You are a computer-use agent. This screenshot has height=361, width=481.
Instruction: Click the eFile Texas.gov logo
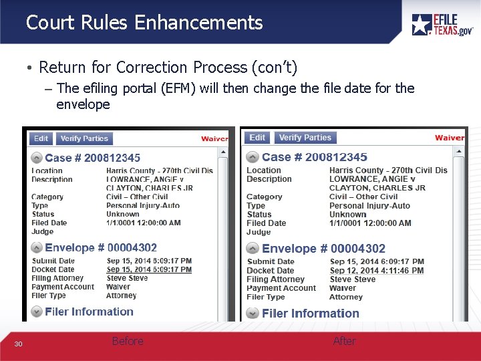click(x=442, y=24)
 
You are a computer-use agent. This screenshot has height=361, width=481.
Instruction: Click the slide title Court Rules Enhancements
click(x=144, y=23)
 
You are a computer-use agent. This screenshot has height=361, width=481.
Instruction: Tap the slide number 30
click(x=19, y=344)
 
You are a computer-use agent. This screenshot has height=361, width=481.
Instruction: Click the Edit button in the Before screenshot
click(x=41, y=138)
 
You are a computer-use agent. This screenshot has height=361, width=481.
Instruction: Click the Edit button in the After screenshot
click(x=257, y=138)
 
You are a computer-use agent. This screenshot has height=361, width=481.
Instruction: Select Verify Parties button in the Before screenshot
click(x=84, y=138)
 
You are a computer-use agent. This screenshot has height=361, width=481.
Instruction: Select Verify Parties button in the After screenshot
click(x=305, y=138)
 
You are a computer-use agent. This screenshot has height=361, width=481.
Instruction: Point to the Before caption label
click(x=128, y=341)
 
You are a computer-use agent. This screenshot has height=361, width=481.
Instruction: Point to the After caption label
click(x=345, y=341)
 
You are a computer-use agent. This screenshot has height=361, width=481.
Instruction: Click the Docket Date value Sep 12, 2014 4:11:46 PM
click(x=377, y=271)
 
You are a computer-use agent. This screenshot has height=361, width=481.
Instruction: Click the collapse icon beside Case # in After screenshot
click(x=253, y=157)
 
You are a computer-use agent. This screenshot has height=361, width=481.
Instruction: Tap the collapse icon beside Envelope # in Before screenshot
click(x=37, y=248)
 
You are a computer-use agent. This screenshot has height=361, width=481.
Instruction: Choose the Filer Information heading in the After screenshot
click(x=311, y=313)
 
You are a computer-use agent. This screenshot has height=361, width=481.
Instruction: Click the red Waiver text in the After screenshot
click(x=449, y=138)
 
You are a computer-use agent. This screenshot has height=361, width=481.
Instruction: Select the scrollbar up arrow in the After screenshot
click(x=460, y=151)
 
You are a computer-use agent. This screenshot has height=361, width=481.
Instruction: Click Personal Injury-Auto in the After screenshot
click(x=369, y=206)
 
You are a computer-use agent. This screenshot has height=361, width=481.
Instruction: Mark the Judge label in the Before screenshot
click(x=42, y=231)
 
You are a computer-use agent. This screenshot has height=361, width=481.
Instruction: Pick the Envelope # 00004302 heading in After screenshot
click(x=323, y=249)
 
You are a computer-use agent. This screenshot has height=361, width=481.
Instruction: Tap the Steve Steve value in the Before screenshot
click(x=127, y=278)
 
